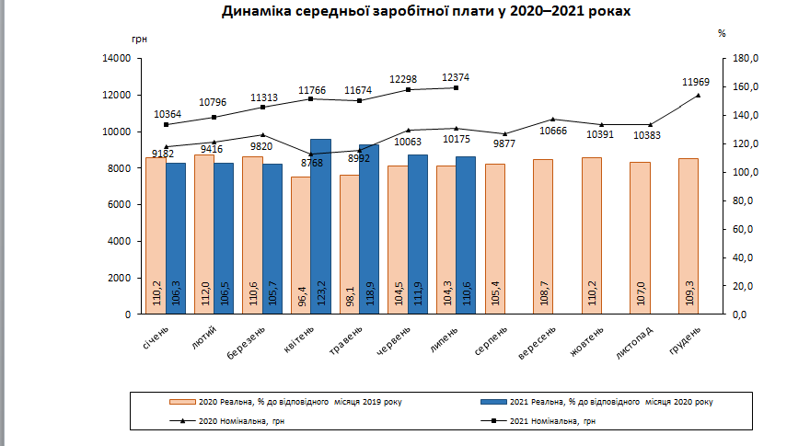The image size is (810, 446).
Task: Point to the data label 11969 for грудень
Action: [696, 82]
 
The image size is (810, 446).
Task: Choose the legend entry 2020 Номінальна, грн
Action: [234, 420]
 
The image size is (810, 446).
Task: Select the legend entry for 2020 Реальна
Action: [285, 402]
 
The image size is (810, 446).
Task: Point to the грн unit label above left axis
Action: [139, 40]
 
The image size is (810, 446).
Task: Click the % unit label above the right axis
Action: [722, 33]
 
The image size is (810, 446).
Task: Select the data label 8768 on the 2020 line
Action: [311, 163]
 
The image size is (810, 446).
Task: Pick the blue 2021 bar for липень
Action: [466, 234]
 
